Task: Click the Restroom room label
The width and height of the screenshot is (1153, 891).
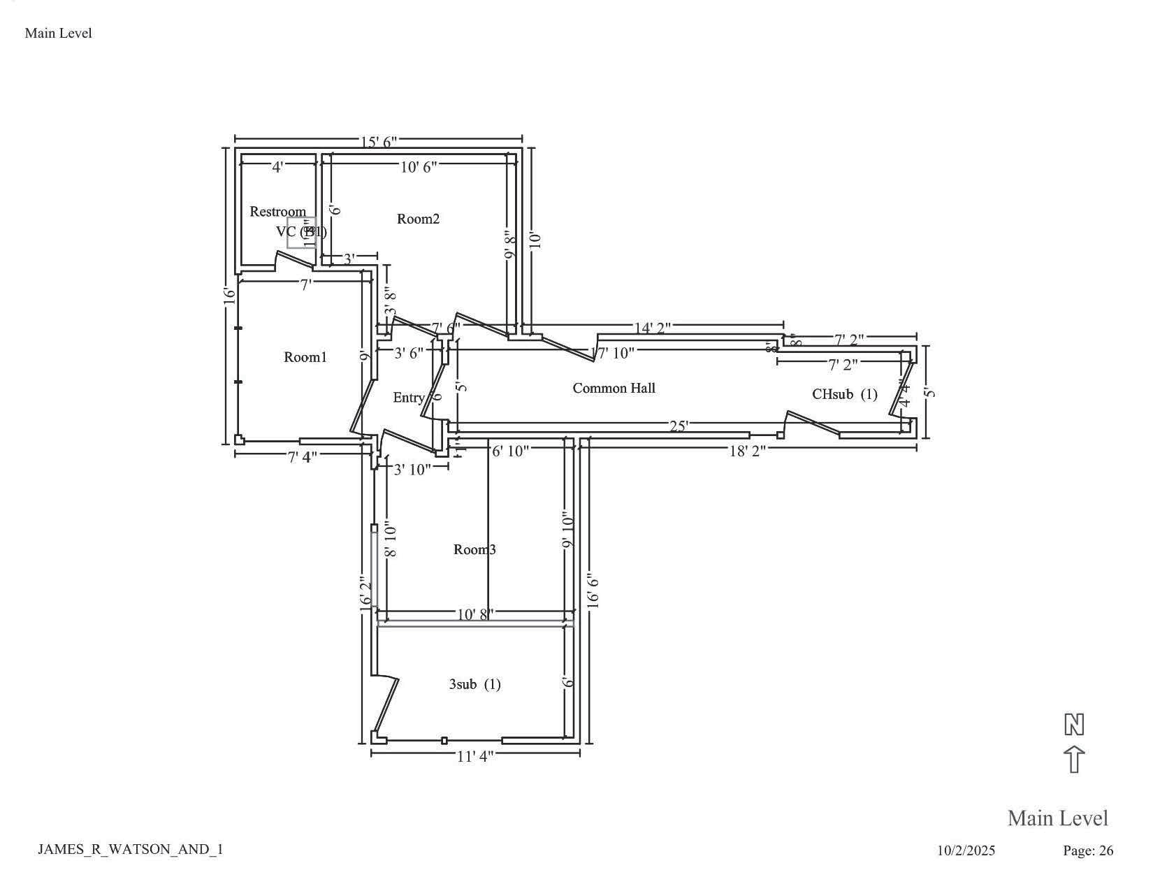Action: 277,212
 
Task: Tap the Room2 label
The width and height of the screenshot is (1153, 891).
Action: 418,219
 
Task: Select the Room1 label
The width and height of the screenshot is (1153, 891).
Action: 305,357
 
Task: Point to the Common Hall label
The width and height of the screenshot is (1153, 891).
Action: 614,388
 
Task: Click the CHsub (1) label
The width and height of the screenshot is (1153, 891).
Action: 844,394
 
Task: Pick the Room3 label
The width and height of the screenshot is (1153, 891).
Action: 474,549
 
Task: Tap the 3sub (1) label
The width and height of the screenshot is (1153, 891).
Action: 474,684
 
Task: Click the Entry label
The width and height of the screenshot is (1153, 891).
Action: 408,398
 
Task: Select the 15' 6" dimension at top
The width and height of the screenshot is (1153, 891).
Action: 378,142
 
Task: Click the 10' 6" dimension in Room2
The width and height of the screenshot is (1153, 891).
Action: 419,166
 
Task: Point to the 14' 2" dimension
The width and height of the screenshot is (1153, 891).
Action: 652,327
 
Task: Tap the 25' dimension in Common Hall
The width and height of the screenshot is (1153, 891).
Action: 679,426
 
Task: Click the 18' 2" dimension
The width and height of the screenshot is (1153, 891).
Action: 747,451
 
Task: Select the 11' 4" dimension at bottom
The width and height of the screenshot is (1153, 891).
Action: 475,756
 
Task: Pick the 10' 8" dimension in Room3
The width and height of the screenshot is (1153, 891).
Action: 475,615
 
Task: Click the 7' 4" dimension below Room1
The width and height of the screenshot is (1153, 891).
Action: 302,457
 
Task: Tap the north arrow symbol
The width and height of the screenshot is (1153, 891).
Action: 1073,744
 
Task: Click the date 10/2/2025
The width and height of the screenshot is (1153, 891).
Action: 966,850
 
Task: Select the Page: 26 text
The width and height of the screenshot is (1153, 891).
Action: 1087,850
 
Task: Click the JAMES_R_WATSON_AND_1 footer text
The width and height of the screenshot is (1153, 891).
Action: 130,849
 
